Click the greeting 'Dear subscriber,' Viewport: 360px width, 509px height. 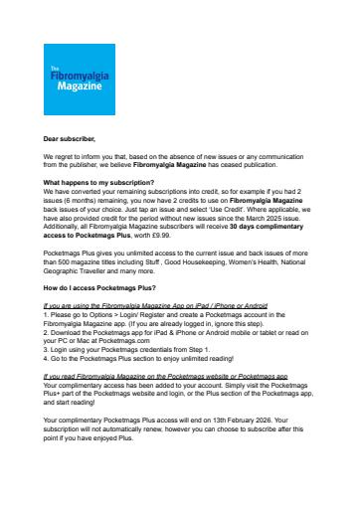(72, 141)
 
